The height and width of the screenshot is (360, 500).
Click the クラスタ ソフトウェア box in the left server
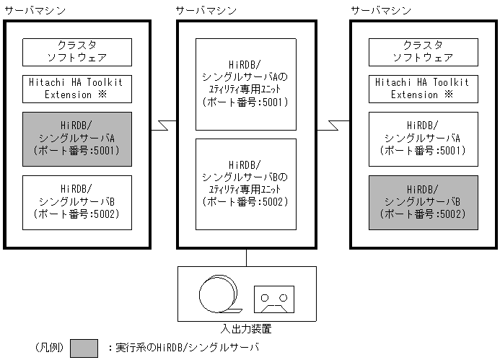click(77, 52)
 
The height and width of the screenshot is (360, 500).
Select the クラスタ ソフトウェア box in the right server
click(424, 52)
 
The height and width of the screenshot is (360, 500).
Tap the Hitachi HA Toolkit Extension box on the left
click(77, 88)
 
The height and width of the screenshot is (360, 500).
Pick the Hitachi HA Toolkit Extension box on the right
click(424, 88)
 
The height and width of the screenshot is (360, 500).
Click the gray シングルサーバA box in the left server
click(77, 139)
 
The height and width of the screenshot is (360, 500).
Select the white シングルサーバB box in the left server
click(77, 201)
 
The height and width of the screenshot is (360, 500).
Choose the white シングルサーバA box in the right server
click(424, 139)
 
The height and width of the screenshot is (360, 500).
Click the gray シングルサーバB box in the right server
click(424, 202)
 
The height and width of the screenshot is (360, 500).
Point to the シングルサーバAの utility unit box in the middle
click(246, 84)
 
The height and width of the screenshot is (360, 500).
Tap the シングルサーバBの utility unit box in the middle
click(246, 184)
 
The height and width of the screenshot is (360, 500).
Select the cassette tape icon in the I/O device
click(273, 298)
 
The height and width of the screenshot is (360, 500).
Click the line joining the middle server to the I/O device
click(247, 258)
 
